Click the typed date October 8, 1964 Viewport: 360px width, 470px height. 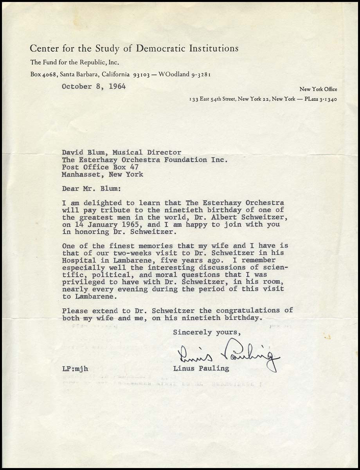[x=94, y=87]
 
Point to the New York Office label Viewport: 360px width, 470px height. [x=318, y=89]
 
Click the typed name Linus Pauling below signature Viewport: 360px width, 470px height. [x=201, y=369]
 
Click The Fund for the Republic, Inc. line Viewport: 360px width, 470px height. [x=75, y=62]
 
